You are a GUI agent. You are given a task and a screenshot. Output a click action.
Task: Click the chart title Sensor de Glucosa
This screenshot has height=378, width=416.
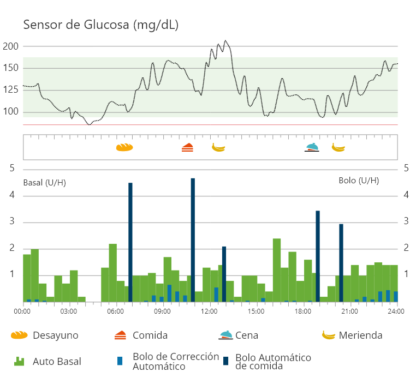[x=100, y=25]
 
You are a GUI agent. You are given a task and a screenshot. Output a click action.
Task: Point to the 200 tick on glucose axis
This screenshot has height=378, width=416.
[x=11, y=46]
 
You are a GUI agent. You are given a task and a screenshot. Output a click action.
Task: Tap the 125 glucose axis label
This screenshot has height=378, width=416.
[x=11, y=90]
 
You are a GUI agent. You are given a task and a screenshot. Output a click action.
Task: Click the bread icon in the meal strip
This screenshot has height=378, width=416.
[x=124, y=147]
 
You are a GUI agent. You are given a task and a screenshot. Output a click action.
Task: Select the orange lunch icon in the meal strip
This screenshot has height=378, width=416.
[x=187, y=147]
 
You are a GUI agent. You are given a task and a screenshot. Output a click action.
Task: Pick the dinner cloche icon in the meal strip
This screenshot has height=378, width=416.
[x=312, y=147]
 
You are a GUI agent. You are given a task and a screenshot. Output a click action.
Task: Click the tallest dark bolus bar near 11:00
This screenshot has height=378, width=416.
[x=193, y=240]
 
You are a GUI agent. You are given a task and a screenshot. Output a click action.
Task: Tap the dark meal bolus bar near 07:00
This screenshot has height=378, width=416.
[x=130, y=243]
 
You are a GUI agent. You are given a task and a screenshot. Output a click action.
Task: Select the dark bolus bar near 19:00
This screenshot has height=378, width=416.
[x=318, y=256]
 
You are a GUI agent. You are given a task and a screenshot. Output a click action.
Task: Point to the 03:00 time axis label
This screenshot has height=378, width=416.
[x=69, y=311]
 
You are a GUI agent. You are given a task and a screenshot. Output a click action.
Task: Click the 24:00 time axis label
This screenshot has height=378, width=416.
[x=396, y=311]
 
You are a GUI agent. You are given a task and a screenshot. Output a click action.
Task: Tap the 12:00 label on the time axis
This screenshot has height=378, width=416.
[x=209, y=311]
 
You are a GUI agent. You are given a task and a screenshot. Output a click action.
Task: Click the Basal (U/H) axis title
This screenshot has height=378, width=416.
[x=44, y=183]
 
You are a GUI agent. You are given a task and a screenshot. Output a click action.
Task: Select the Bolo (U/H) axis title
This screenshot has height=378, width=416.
[x=359, y=181]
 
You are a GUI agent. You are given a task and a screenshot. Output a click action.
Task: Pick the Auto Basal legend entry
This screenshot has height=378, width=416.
[x=57, y=361]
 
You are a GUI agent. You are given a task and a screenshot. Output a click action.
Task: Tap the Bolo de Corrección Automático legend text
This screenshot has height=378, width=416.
[x=176, y=361]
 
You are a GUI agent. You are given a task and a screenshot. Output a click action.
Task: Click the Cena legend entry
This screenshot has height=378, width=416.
[x=247, y=335]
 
